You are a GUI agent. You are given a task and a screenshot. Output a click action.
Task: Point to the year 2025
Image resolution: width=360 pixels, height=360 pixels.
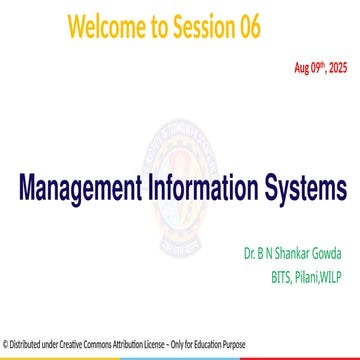tap(339, 68)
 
